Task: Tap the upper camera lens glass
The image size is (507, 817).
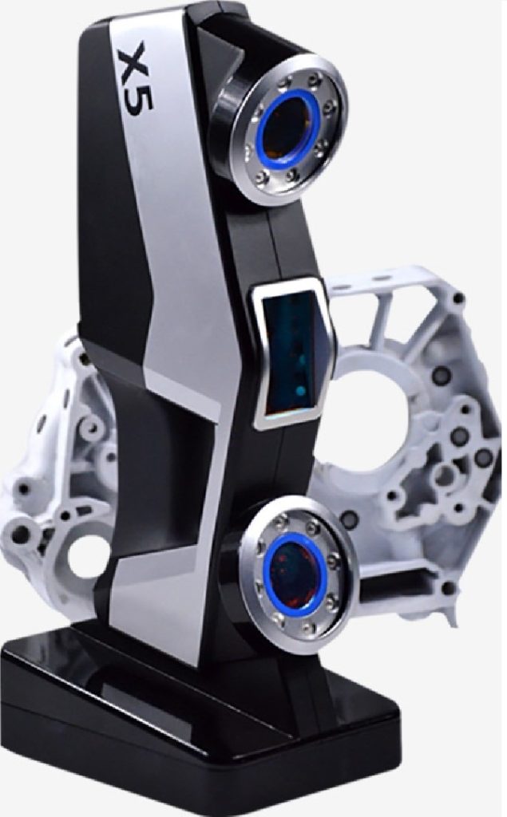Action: click(286, 128)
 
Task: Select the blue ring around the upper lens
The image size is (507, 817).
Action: click(261, 127)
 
